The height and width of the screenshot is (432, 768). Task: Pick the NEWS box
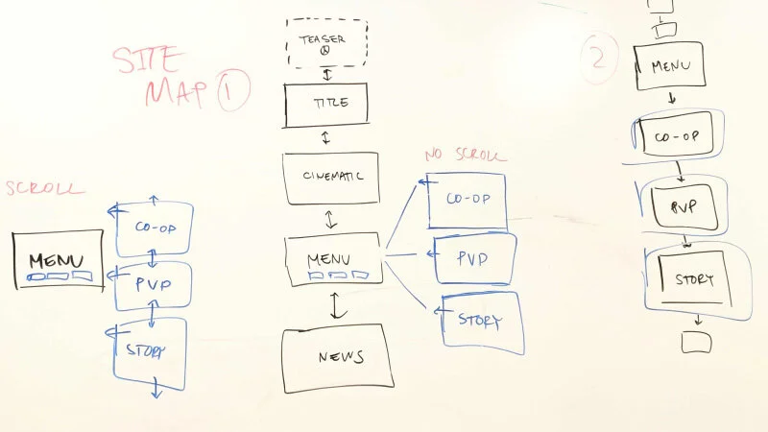point(339,357)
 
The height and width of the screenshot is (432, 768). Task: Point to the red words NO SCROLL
point(465,155)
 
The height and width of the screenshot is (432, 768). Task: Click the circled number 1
point(233,92)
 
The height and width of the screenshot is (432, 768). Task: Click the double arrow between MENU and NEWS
point(337,305)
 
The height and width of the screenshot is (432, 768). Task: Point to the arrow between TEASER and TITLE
point(327,75)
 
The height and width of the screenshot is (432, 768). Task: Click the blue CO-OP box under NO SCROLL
point(467,201)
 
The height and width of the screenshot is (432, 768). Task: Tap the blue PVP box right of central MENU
point(472,259)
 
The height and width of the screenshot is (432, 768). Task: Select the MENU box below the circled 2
point(670,67)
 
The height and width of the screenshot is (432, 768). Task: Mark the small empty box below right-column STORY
point(695,341)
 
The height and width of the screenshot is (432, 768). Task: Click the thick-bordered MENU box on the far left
point(58,260)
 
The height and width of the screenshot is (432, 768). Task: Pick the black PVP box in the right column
point(683,205)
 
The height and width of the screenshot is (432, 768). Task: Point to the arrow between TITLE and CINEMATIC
point(325,137)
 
